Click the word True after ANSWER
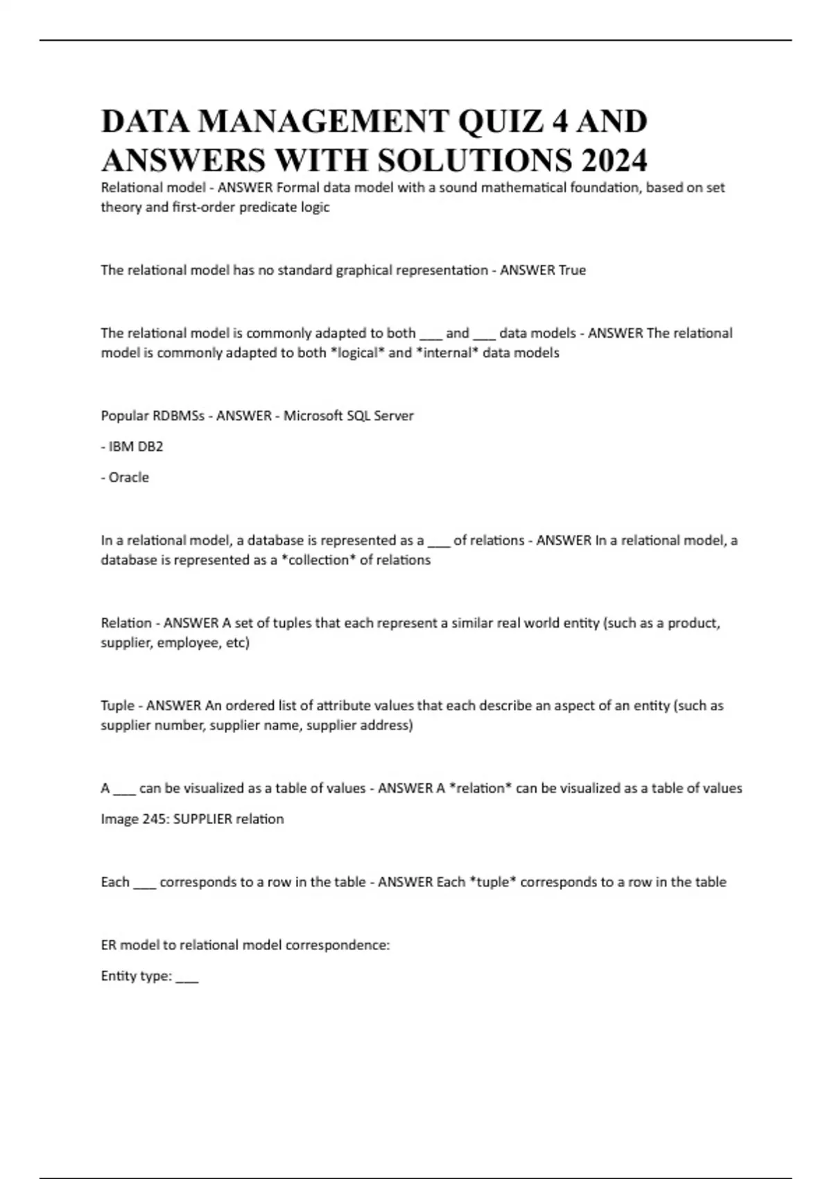click(572, 270)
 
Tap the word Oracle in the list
click(128, 477)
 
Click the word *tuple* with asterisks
click(492, 881)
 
